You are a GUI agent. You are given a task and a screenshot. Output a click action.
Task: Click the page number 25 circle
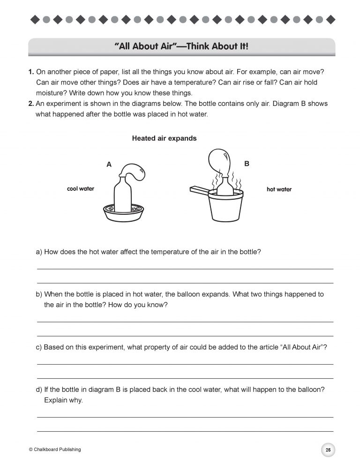(328, 450)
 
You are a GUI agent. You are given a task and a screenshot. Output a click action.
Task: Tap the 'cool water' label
(81, 189)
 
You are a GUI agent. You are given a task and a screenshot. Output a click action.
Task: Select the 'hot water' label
(279, 189)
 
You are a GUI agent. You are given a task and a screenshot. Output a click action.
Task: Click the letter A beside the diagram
(109, 164)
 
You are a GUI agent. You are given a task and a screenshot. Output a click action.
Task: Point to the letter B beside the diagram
(247, 164)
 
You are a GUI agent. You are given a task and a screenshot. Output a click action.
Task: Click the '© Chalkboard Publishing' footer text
(55, 450)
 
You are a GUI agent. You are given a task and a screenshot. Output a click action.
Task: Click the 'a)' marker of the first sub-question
(39, 252)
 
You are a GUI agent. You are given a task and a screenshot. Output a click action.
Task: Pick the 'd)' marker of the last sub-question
(39, 390)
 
